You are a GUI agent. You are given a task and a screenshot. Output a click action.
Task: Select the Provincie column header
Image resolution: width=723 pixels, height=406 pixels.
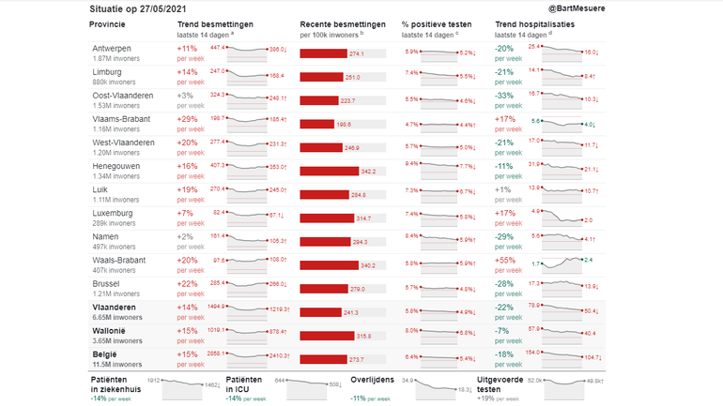pos(113,24)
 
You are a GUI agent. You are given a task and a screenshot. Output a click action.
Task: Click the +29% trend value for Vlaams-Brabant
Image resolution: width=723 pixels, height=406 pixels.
pos(188,119)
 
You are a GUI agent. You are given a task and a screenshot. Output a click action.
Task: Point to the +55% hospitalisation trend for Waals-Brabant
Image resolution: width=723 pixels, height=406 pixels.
pos(506,260)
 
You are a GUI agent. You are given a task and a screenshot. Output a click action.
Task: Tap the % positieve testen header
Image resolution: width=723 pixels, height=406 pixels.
pos(438,24)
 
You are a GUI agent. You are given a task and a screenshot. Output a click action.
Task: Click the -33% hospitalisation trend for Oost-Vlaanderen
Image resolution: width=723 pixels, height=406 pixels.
pos(505,96)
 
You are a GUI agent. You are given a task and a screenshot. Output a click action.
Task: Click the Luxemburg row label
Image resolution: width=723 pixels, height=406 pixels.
pos(113,213)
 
